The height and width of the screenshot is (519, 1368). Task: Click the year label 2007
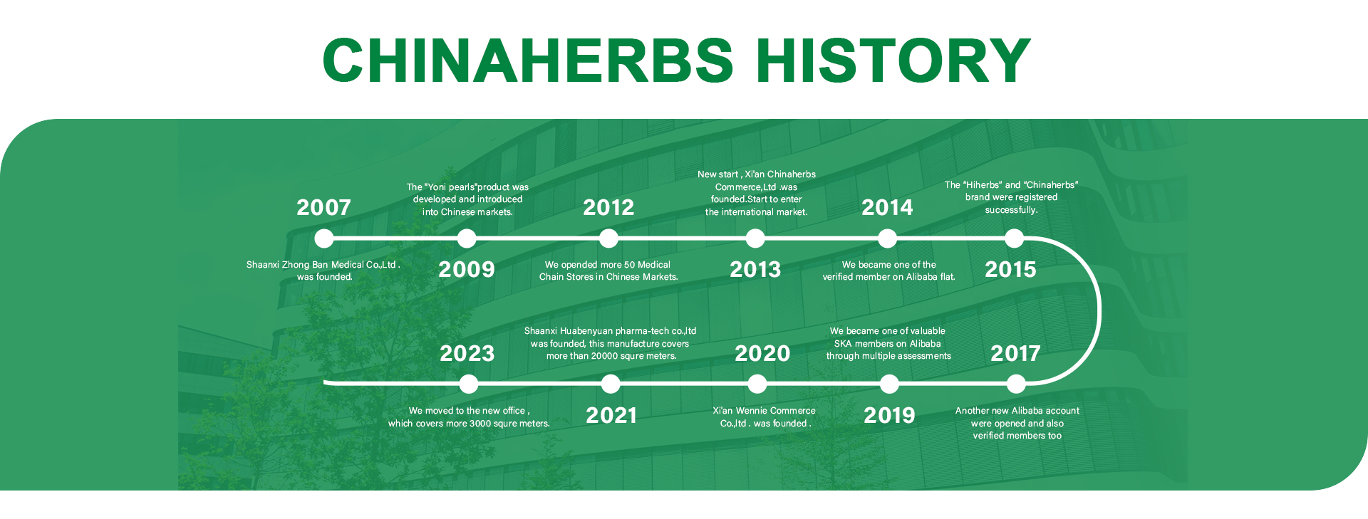(x=323, y=207)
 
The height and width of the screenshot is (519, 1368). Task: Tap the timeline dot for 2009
(x=467, y=238)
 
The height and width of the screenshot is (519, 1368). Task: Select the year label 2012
(x=608, y=207)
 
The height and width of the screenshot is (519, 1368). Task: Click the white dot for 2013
(x=755, y=238)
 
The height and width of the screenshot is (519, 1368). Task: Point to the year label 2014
(x=887, y=207)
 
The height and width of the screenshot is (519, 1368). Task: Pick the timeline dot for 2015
(x=1014, y=238)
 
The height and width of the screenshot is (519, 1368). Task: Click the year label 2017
(x=1015, y=353)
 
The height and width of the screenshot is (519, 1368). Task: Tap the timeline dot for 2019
(x=889, y=384)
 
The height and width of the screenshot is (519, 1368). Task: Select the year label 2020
(x=762, y=353)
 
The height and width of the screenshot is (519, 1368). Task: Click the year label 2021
(x=611, y=415)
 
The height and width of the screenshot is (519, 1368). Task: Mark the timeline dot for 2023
(x=469, y=384)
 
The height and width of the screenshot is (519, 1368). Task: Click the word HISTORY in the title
(x=893, y=60)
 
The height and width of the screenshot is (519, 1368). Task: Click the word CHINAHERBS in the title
(x=528, y=60)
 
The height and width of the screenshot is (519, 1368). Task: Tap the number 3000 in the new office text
(x=480, y=424)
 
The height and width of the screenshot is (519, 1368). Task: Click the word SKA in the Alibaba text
(x=843, y=344)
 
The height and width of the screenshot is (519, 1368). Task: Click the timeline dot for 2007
(x=324, y=238)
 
